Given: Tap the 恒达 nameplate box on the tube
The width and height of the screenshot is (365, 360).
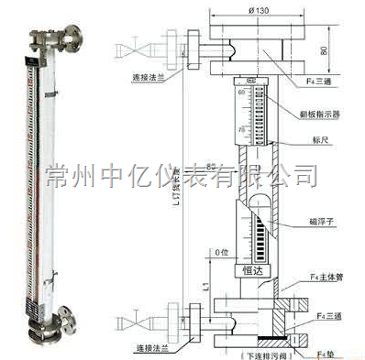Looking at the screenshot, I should click(249, 269).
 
